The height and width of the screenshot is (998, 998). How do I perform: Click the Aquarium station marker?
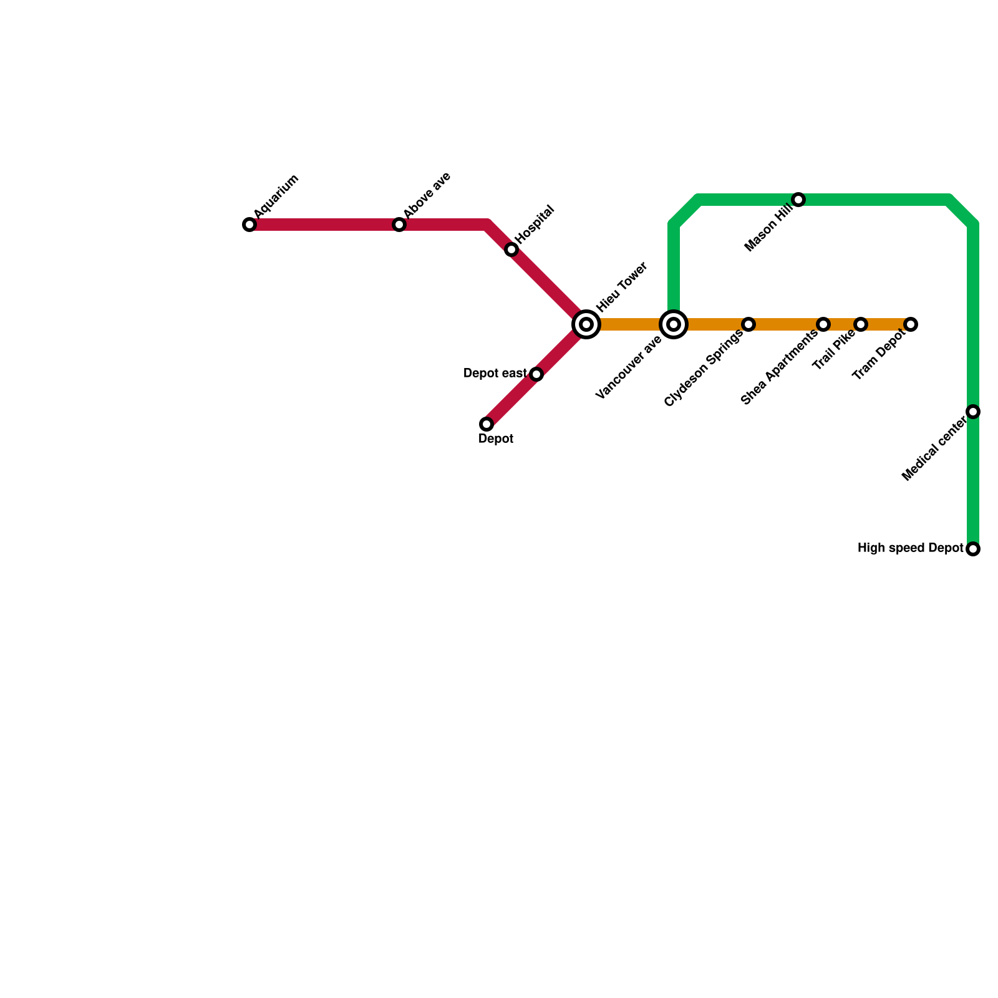tap(249, 225)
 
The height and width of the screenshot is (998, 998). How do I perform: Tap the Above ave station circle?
tap(399, 225)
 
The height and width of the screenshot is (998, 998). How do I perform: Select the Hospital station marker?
tap(511, 249)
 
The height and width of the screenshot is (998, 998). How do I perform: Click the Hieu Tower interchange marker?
tap(586, 324)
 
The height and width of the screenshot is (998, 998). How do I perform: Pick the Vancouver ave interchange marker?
tap(674, 324)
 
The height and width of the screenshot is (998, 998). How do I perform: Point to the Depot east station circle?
tap(536, 374)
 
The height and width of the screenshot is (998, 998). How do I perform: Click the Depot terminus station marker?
tap(487, 424)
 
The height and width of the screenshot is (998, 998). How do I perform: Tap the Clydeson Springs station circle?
tap(748, 324)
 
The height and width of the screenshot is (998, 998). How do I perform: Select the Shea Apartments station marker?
tap(823, 324)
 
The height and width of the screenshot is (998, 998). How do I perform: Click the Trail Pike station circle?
tap(861, 324)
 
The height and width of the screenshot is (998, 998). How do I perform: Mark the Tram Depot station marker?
tap(911, 324)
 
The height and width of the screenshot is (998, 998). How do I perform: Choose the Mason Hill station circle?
tap(798, 200)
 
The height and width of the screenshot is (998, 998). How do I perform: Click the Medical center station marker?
tap(973, 412)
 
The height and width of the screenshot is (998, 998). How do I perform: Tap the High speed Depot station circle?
tap(973, 549)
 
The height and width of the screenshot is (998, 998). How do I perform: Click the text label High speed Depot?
tap(911, 548)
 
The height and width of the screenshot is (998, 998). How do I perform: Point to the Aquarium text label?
tap(276, 196)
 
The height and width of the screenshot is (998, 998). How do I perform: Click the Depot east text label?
tap(495, 374)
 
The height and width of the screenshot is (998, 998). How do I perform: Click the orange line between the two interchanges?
tap(630, 324)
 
